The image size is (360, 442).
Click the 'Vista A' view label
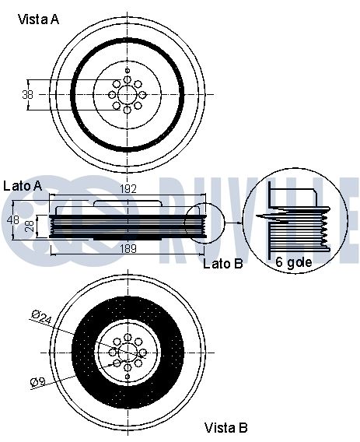coord(38,19)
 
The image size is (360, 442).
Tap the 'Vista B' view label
coord(226,428)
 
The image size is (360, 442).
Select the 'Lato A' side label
coord(23,186)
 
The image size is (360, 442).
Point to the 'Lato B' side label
coord(223,264)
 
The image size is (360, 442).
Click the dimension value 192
coord(128,189)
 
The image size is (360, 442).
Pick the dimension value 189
coord(128,249)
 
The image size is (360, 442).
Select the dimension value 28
coord(30,226)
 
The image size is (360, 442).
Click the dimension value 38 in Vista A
coord(28,94)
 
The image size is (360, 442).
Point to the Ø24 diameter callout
coord(42,317)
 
